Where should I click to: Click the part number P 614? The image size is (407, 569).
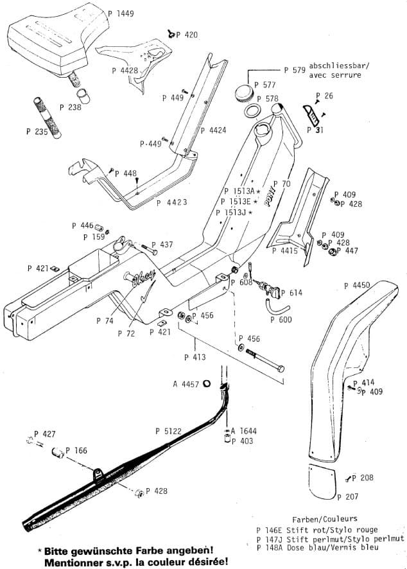(x=291, y=293)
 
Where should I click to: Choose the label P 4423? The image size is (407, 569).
(x=171, y=202)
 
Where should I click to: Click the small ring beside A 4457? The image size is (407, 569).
(x=207, y=384)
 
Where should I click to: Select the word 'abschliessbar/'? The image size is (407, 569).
(x=335, y=66)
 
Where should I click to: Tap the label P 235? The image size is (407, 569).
(x=37, y=130)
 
